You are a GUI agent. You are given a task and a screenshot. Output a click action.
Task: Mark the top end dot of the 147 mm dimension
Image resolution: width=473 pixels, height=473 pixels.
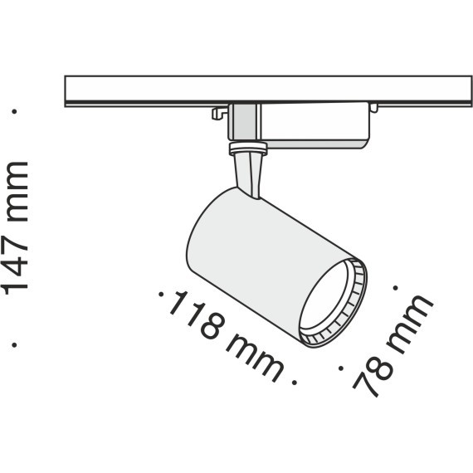point(16,109)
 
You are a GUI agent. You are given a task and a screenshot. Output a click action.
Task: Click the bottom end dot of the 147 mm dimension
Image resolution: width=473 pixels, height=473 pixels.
point(16,342)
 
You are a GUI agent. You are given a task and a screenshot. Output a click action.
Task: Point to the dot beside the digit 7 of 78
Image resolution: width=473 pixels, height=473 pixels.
point(342,363)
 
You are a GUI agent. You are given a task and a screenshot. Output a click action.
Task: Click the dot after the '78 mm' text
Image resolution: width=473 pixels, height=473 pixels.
point(397,289)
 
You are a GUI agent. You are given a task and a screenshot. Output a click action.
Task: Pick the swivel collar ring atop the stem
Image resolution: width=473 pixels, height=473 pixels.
point(246,150)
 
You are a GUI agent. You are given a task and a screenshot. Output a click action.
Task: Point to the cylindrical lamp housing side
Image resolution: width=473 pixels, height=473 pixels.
point(249,249)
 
